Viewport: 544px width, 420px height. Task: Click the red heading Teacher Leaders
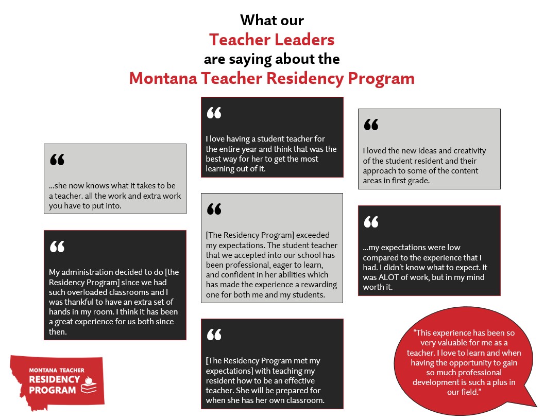pos(271,40)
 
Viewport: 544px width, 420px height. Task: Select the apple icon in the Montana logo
pos(88,381)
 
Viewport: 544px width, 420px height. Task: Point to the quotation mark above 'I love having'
pos(214,113)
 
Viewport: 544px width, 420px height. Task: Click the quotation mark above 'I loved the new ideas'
pos(371,125)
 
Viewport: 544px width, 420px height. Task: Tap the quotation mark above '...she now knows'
pos(57,160)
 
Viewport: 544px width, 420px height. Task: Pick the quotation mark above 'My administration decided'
pos(57,247)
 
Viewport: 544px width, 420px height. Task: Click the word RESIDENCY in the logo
pos(54,380)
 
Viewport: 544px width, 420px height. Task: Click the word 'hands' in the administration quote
pos(59,312)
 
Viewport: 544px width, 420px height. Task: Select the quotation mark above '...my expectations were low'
pos(371,222)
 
